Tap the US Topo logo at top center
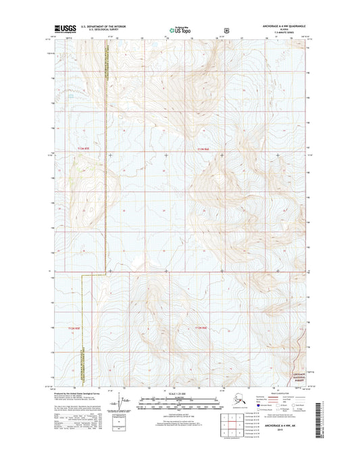180,30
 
